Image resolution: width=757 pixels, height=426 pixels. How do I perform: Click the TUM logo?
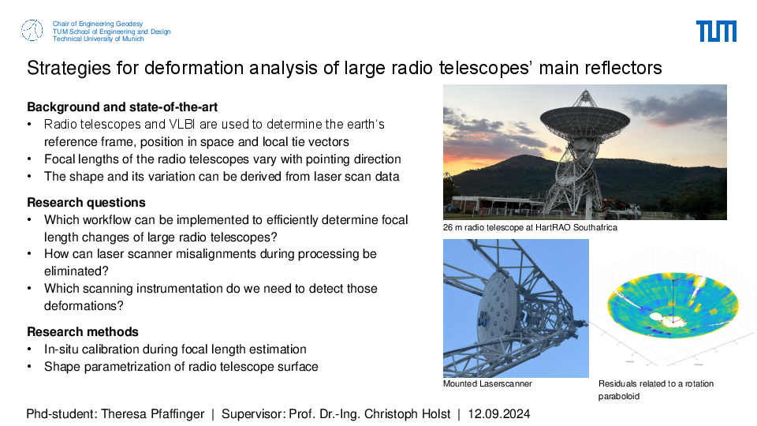click(x=716, y=32)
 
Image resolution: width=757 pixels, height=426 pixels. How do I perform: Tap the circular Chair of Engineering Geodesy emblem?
click(x=32, y=31)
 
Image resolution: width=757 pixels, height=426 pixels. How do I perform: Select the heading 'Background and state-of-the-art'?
click(x=122, y=106)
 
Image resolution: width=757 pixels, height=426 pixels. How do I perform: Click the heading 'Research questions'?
click(x=87, y=203)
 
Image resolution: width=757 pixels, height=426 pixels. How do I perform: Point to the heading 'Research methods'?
click(x=83, y=332)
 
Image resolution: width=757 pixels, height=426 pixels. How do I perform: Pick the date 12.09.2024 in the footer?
click(x=499, y=414)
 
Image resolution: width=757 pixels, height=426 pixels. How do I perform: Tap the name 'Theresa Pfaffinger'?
click(x=152, y=414)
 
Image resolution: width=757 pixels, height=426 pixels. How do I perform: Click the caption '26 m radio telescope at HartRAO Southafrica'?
click(x=530, y=227)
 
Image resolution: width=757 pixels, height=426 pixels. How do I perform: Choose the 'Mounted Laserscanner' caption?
click(x=487, y=383)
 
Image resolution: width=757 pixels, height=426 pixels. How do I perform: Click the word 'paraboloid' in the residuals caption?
click(x=619, y=396)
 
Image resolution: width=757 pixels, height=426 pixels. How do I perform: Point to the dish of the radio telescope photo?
click(x=584, y=118)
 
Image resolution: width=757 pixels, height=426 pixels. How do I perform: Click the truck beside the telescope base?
click(x=621, y=208)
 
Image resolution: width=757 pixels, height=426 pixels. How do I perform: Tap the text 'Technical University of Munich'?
click(x=99, y=39)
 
